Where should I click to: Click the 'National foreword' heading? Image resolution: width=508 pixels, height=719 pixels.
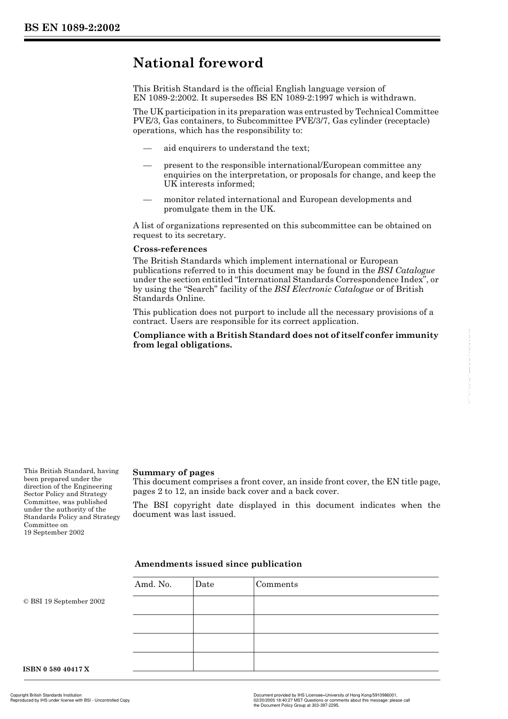[x=198, y=63]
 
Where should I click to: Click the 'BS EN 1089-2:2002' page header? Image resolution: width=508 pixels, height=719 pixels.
[x=72, y=28]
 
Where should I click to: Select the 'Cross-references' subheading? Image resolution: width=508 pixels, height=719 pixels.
[x=170, y=249]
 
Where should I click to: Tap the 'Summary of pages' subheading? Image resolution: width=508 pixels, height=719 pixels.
[x=173, y=473]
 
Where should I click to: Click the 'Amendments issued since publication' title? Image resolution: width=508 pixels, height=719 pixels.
[x=218, y=564]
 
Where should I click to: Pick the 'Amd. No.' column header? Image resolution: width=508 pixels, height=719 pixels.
[x=153, y=584]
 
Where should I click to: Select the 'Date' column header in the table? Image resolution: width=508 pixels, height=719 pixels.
[x=204, y=584]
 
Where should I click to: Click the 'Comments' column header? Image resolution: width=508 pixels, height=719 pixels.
[x=276, y=584]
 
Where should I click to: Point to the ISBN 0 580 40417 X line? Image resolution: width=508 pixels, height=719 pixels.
[x=57, y=669]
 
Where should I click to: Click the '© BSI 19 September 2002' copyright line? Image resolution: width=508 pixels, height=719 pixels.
[x=64, y=601]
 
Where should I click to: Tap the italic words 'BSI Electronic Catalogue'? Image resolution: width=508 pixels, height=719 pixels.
[x=324, y=289]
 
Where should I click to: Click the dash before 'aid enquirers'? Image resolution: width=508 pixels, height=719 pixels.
[x=147, y=148]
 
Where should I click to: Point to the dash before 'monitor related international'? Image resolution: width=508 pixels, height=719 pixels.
[x=147, y=199]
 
